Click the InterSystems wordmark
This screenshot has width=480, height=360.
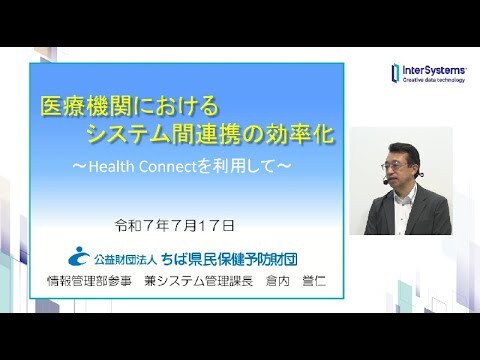pyautogui.click(x=433, y=69)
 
